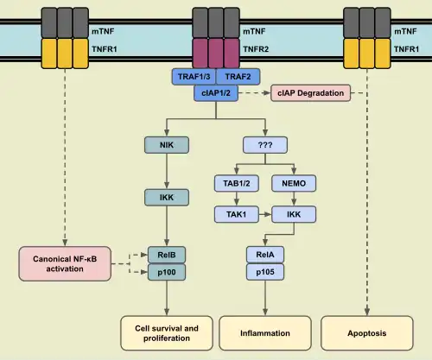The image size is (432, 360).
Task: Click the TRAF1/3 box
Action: click(193, 77)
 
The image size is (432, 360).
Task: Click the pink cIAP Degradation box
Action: click(311, 92)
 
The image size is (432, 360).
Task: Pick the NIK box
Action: click(166, 145)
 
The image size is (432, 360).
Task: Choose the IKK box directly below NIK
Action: click(166, 198)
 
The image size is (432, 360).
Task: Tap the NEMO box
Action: click(290, 182)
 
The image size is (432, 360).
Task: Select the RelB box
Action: click(166, 254)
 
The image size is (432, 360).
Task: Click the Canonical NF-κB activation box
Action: click(66, 262)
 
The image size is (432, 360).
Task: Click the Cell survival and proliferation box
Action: click(166, 332)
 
